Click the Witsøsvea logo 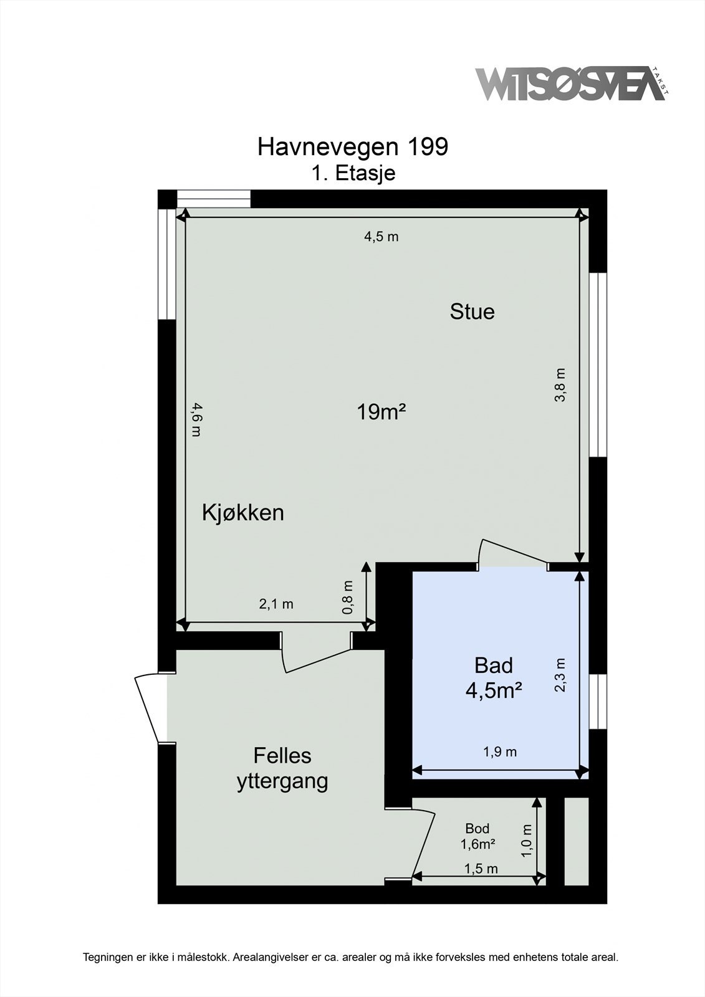pyautogui.click(x=570, y=84)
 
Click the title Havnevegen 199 pyautogui.click(x=352, y=147)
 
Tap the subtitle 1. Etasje pyautogui.click(x=353, y=173)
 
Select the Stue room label pyautogui.click(x=472, y=312)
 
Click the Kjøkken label pyautogui.click(x=242, y=513)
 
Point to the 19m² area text pyautogui.click(x=381, y=412)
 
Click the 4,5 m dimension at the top pyautogui.click(x=381, y=237)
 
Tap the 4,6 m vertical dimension pyautogui.click(x=196, y=419)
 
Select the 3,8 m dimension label pyautogui.click(x=560, y=385)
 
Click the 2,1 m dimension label pyautogui.click(x=276, y=604)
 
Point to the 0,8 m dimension pyautogui.click(x=348, y=598)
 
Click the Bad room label pyautogui.click(x=493, y=665)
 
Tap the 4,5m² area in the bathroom pyautogui.click(x=493, y=690)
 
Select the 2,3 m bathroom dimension pyautogui.click(x=560, y=675)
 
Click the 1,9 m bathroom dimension pyautogui.click(x=500, y=752)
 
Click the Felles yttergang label pyautogui.click(x=282, y=768)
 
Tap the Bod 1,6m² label pyautogui.click(x=477, y=836)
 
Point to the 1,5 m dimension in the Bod pyautogui.click(x=481, y=869)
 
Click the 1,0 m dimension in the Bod pyautogui.click(x=527, y=839)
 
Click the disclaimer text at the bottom pyautogui.click(x=351, y=957)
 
